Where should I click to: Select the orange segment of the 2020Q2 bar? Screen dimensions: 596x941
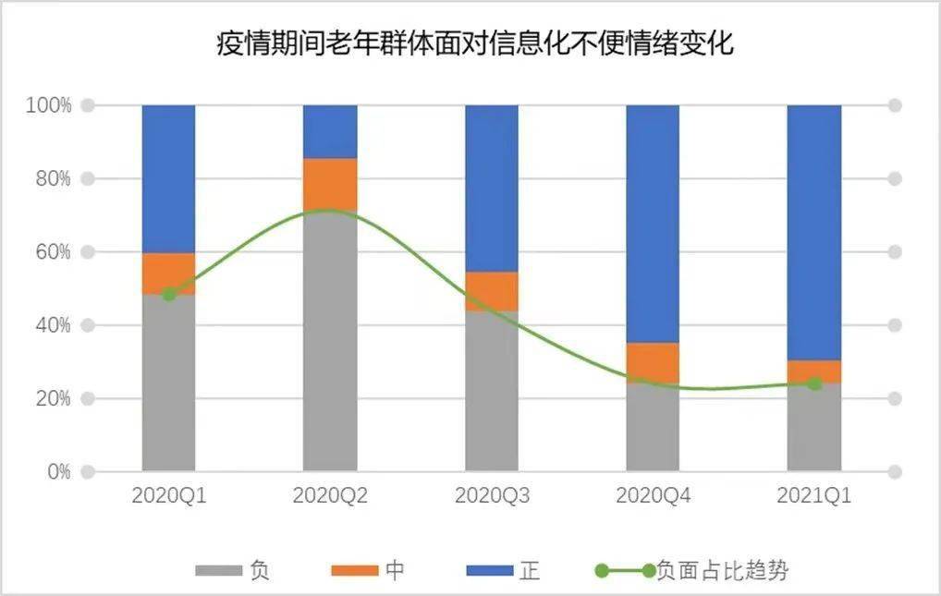tap(330, 185)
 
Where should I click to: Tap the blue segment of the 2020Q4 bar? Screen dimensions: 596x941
tap(653, 223)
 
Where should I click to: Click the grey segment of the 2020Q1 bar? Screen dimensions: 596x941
tap(168, 388)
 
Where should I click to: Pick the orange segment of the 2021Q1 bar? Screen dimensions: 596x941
tap(813, 371)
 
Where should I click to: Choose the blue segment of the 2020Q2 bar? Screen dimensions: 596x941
tap(330, 131)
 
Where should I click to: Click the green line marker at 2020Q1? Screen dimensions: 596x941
tap(168, 294)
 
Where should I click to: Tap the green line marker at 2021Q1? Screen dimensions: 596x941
tap(813, 383)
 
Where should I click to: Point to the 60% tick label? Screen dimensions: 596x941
tap(49, 251)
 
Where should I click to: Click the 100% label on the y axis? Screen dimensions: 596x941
tap(46, 105)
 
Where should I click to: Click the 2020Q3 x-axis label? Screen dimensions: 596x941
tap(492, 495)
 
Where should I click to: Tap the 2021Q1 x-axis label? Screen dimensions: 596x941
tap(813, 495)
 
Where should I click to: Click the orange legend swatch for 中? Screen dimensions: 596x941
tap(354, 571)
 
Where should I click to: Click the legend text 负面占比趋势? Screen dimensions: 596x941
tap(723, 571)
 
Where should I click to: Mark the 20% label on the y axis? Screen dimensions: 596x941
tap(49, 398)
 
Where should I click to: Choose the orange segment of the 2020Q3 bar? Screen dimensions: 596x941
tap(491, 291)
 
